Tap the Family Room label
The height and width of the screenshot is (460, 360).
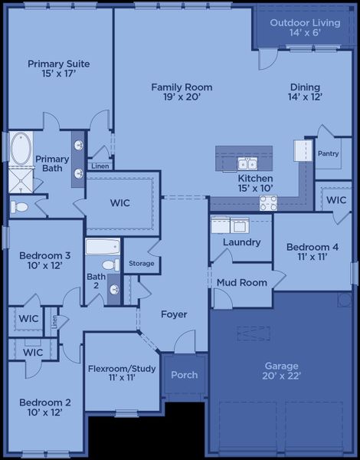click(182, 87)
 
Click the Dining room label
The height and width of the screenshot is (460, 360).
click(305, 87)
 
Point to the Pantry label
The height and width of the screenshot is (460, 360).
click(328, 153)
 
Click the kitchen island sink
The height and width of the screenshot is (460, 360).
click(247, 163)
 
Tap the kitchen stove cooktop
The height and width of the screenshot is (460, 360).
click(268, 203)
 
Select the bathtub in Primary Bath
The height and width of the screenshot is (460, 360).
click(21, 147)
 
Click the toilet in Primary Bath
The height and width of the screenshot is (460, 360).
click(19, 207)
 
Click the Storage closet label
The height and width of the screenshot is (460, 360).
click(141, 264)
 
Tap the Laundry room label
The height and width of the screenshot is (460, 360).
click(241, 242)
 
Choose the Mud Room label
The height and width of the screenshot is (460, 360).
click(241, 283)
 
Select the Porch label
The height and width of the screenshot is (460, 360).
click(184, 375)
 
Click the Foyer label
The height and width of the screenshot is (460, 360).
click(174, 314)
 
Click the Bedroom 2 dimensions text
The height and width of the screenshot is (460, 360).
click(45, 412)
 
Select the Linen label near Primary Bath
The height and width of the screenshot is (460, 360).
click(100, 166)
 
